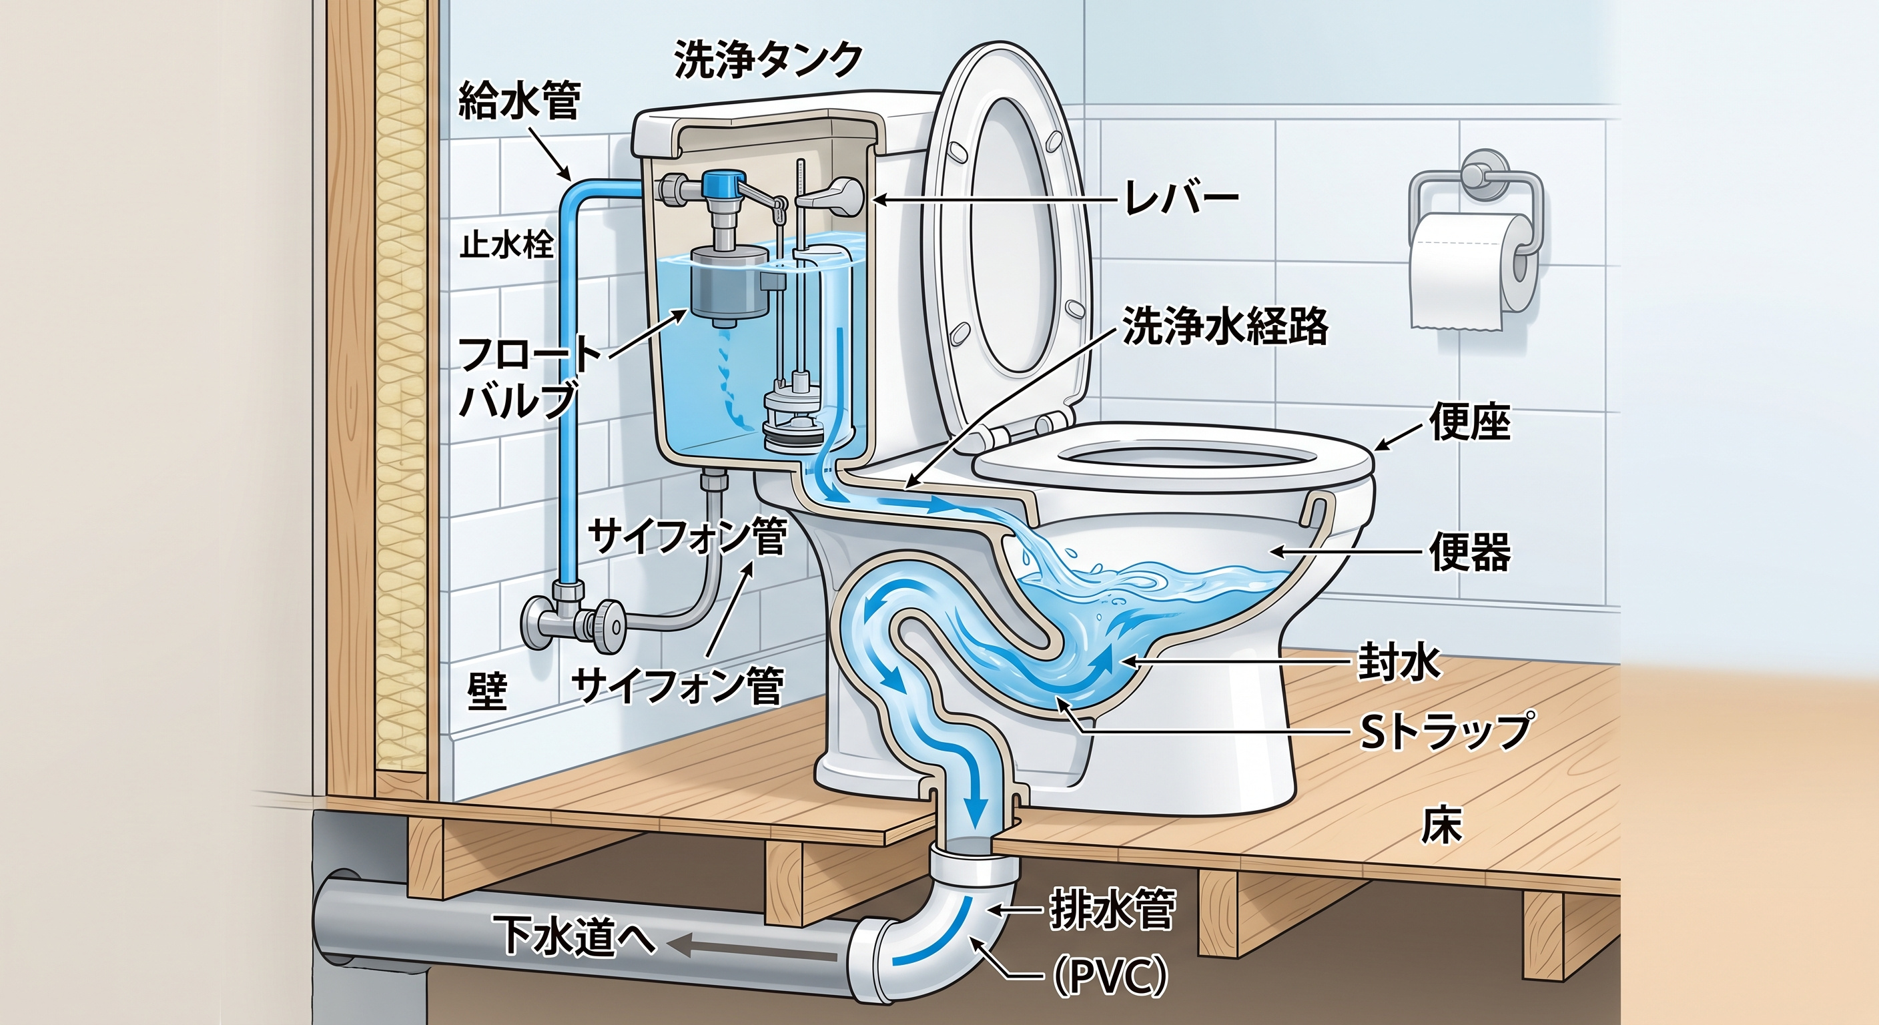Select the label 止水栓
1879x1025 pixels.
coord(507,246)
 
